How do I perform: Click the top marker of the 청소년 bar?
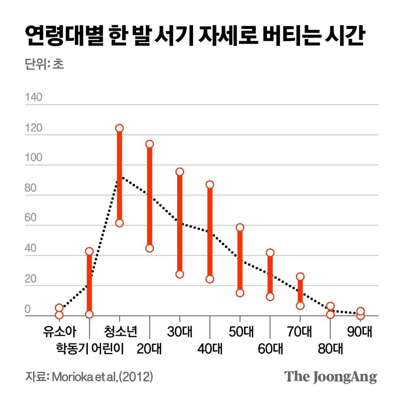119,128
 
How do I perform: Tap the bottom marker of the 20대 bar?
150,248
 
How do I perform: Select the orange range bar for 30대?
180,223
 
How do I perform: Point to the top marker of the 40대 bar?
210,185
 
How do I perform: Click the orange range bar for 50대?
240,260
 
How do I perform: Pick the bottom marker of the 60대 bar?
270,297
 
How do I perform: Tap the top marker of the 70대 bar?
300,276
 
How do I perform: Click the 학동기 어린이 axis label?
90,348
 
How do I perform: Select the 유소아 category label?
60,332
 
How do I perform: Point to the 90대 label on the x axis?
359,332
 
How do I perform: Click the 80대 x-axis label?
330,348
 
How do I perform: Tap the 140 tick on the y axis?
33,98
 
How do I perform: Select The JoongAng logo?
330,377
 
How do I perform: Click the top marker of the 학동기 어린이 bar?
89,251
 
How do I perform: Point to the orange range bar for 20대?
150,196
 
